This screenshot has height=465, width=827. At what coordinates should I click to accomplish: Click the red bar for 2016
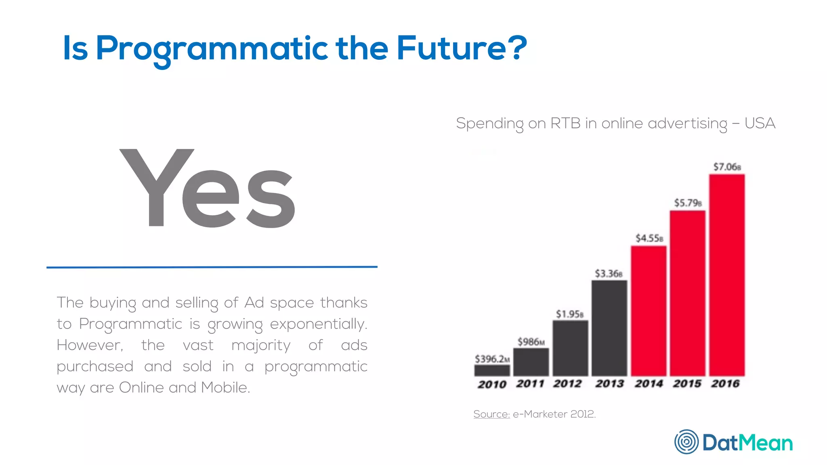(727, 274)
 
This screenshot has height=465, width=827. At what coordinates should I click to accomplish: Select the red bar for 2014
(649, 311)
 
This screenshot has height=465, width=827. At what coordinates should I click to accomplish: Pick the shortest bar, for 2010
(492, 370)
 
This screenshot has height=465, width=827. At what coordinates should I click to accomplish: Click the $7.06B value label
(727, 167)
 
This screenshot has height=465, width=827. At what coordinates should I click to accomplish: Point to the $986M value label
(531, 342)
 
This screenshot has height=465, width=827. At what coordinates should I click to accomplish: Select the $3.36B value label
(609, 274)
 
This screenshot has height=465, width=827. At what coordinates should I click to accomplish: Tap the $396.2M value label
(492, 359)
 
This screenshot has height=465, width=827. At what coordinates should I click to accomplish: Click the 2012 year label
(567, 383)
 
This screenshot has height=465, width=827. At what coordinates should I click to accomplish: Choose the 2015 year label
(687, 383)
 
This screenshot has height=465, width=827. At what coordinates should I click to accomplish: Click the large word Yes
(208, 189)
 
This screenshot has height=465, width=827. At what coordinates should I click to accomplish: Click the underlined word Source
(491, 414)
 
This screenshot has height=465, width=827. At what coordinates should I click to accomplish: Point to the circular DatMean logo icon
(686, 442)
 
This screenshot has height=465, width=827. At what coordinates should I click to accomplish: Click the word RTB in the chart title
(565, 123)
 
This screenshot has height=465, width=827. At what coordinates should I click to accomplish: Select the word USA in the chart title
(760, 123)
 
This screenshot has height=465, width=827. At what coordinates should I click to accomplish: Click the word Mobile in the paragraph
(225, 387)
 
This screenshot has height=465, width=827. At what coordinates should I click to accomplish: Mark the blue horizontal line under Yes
(212, 267)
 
